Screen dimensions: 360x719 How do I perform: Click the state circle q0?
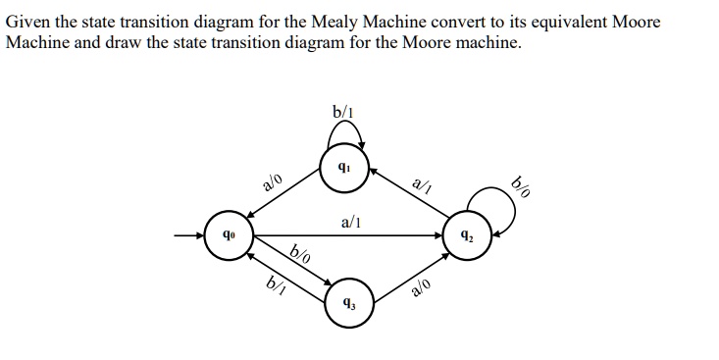(x=229, y=235)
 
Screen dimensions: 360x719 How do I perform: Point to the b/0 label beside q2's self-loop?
(x=521, y=184)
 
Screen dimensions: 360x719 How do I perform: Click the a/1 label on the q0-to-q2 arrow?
(x=351, y=223)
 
